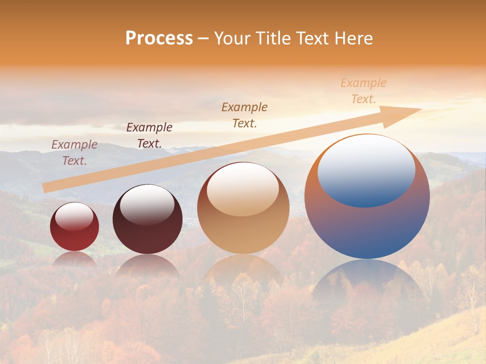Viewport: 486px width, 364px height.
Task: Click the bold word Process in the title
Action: pyautogui.click(x=159, y=38)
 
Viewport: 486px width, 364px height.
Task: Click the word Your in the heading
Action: pyautogui.click(x=232, y=38)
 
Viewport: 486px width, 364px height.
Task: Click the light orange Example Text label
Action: pyautogui.click(x=363, y=91)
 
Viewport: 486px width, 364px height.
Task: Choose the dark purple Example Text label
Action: pyautogui.click(x=149, y=135)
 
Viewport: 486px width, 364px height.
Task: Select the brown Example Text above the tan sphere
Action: pyautogui.click(x=245, y=115)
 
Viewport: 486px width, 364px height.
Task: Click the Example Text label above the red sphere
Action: pyautogui.click(x=74, y=153)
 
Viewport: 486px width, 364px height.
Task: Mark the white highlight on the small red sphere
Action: pyautogui.click(x=74, y=216)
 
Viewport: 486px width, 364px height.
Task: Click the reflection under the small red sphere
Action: pyautogui.click(x=74, y=258)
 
